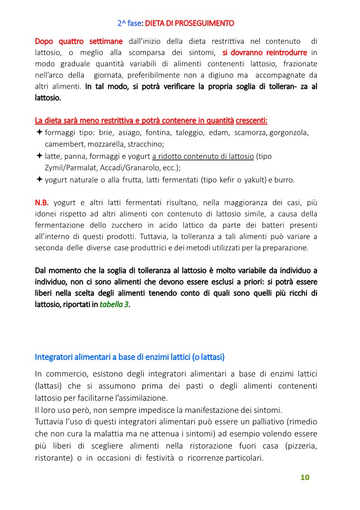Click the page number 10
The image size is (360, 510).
(x=305, y=477)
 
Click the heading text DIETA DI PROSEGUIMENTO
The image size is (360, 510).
(x=190, y=23)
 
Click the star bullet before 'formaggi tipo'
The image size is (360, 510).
(x=39, y=132)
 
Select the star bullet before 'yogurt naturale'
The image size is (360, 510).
(x=39, y=179)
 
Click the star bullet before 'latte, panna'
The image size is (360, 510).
(x=39, y=156)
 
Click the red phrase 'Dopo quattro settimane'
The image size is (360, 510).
(x=79, y=41)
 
